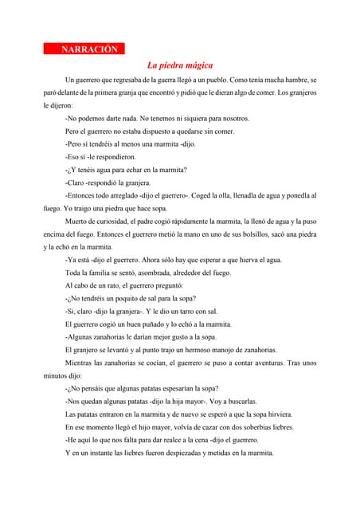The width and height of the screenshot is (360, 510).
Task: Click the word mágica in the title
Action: [196, 65]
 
